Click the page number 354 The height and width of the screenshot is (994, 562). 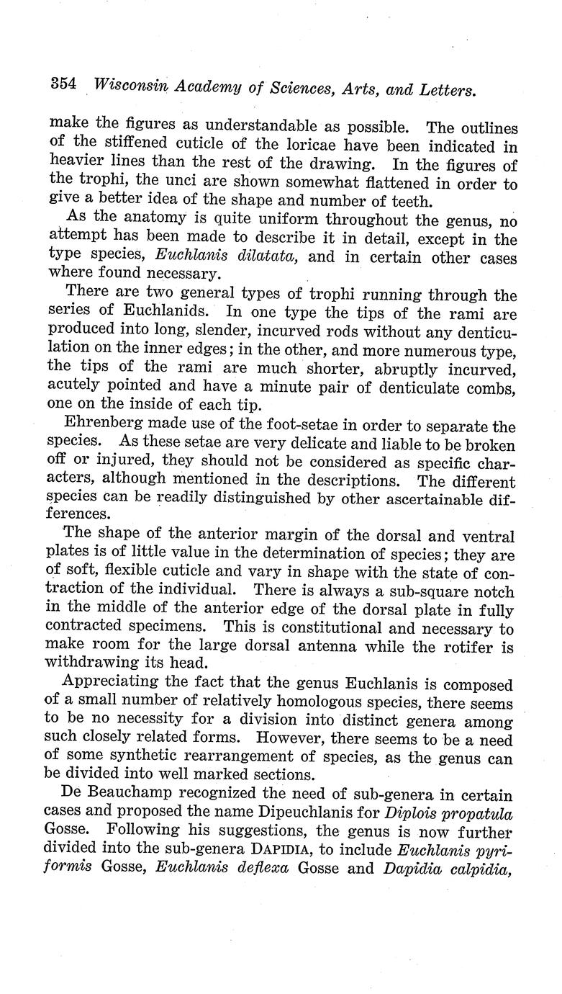click(63, 84)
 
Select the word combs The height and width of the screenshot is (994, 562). click(492, 388)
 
